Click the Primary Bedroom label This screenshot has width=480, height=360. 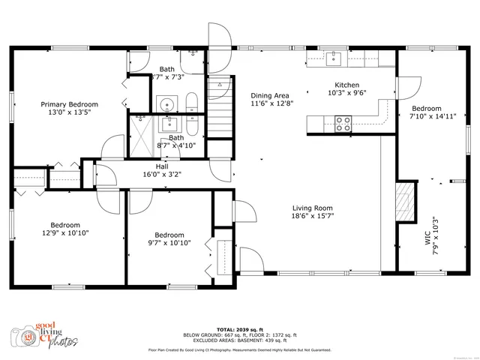(69, 104)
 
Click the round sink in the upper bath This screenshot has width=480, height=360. (166, 103)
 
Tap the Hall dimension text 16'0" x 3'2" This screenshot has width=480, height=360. (162, 174)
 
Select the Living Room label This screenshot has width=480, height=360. (313, 208)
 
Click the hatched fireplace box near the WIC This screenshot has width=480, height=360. (405, 201)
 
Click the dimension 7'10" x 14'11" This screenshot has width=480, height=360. (433, 116)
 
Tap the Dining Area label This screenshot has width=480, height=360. (270, 95)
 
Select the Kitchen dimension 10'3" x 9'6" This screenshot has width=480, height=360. (346, 94)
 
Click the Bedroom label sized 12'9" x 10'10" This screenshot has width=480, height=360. (65, 224)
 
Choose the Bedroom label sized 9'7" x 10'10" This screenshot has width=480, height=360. (169, 234)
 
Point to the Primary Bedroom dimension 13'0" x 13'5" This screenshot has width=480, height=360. (69, 113)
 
